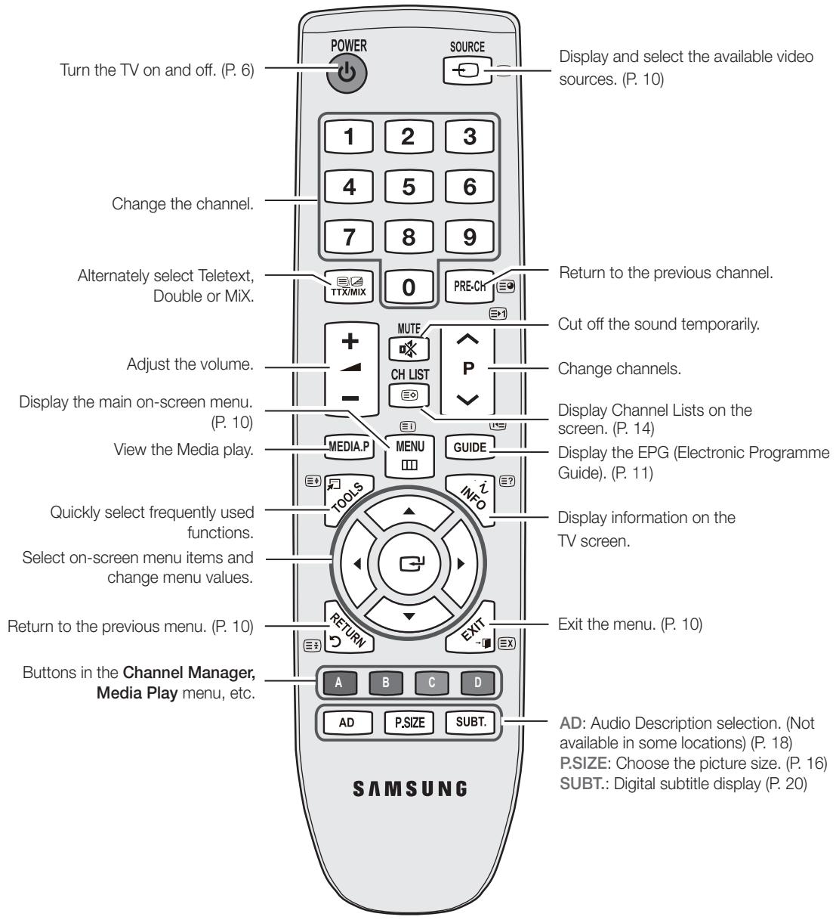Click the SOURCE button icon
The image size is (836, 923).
(467, 70)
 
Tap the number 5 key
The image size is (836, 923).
(409, 187)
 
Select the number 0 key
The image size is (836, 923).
(409, 287)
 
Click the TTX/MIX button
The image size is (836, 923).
(349, 287)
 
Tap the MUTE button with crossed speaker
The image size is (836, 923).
(409, 349)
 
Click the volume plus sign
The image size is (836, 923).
(350, 341)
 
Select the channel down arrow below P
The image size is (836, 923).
(467, 399)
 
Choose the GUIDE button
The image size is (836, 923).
(470, 448)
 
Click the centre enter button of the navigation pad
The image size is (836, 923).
(409, 564)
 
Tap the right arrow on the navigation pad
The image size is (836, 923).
(461, 564)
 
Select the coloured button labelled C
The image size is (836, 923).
(432, 683)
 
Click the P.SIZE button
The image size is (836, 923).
(409, 723)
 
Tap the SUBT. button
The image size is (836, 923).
(470, 722)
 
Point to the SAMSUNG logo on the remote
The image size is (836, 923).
(410, 788)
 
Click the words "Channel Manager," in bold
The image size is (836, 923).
(189, 673)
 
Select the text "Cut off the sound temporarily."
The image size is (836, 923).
(659, 324)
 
